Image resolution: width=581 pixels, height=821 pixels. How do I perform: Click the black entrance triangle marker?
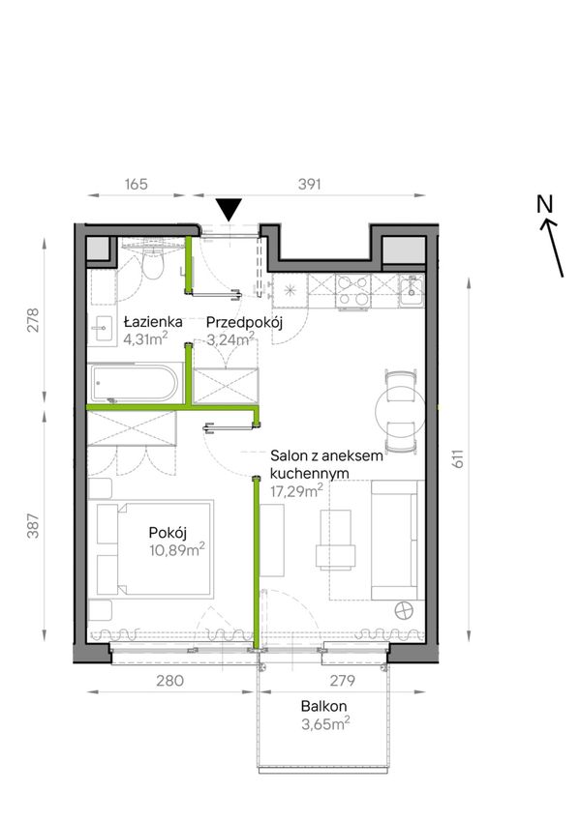229,210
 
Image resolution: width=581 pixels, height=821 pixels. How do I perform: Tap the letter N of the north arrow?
545,204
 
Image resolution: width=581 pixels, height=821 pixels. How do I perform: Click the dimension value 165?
137,184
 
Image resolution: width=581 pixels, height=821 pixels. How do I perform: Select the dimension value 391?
309,184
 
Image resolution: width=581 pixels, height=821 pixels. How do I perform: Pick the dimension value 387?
33,526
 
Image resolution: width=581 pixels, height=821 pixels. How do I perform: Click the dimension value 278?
33,320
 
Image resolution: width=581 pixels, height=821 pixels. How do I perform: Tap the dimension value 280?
169,680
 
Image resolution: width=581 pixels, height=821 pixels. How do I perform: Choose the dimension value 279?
343,680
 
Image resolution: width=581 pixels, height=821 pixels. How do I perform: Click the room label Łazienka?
153,321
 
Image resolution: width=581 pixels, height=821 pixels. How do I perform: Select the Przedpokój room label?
244,323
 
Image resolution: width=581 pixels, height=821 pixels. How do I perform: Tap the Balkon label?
323,706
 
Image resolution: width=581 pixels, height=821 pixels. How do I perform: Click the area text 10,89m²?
176,550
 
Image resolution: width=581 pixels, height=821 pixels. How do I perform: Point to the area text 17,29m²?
296,491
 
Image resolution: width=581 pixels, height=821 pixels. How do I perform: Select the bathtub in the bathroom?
136,383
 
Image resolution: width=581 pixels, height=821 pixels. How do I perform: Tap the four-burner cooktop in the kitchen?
352,291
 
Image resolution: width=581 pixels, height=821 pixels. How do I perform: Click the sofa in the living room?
397,540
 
